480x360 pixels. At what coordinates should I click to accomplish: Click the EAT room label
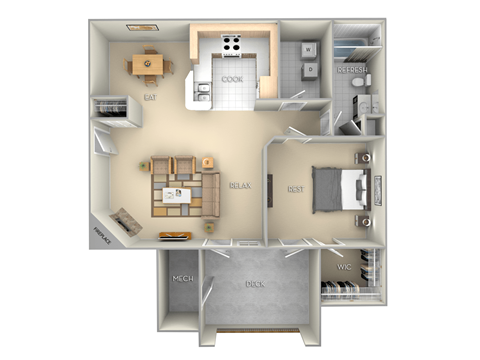(x=149, y=98)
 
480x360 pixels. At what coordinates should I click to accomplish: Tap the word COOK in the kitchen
(x=232, y=78)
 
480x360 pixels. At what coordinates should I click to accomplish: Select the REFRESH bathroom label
(x=352, y=72)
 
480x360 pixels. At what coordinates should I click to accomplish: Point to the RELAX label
(x=239, y=186)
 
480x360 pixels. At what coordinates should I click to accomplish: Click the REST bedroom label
(x=295, y=188)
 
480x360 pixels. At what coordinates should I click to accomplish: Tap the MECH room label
(x=182, y=279)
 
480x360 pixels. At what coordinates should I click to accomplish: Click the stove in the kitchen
(x=232, y=44)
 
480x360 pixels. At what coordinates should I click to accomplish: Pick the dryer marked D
(x=309, y=69)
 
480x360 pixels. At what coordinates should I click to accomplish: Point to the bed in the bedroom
(x=338, y=189)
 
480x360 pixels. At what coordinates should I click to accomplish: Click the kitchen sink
(x=204, y=92)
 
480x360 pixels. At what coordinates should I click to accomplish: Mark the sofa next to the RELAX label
(x=211, y=194)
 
